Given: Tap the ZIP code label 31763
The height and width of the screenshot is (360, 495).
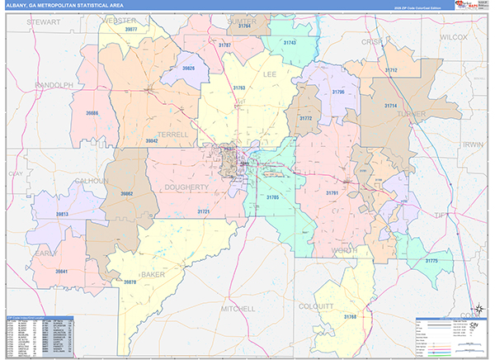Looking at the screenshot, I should click(x=239, y=88).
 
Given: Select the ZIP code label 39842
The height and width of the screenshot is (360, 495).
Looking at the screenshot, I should click(x=152, y=141).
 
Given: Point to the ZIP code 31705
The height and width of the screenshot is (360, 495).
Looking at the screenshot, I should click(x=272, y=197).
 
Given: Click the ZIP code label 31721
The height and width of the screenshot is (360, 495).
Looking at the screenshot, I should click(x=204, y=212).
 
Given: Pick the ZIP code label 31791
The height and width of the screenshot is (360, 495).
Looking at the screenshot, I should click(x=332, y=193).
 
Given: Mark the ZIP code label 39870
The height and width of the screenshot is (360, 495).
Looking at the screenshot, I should click(x=130, y=282).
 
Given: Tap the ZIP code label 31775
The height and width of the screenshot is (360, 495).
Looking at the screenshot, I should click(x=431, y=261).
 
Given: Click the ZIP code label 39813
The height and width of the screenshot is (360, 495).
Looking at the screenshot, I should click(x=62, y=213).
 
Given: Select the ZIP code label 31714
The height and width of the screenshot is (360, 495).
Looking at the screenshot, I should click(x=391, y=106).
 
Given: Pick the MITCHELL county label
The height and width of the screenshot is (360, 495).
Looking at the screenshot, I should click(x=238, y=309).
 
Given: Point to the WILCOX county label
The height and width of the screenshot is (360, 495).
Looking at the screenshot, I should click(x=453, y=37).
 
